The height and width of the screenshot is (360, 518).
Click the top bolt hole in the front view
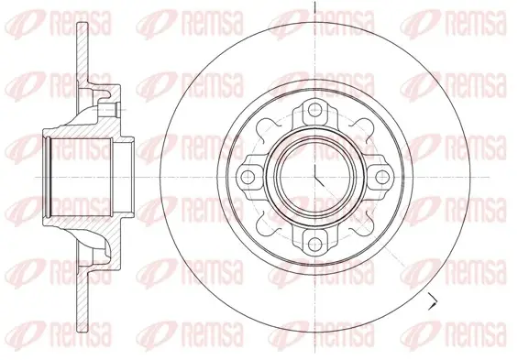[x=314, y=109]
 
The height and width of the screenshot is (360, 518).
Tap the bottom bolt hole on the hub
[x=314, y=245]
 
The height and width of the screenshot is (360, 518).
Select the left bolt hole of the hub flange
[x=247, y=177]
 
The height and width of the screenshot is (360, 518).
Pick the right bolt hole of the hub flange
[x=382, y=177]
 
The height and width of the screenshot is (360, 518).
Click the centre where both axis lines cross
[x=315, y=177]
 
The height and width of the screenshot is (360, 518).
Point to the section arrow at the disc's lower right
[x=433, y=301]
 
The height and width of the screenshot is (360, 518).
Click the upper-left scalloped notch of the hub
[x=267, y=129]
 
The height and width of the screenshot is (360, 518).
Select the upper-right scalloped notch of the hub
[x=363, y=129]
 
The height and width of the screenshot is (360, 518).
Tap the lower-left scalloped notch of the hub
[x=267, y=224]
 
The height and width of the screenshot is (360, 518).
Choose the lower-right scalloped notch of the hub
[x=363, y=224]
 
